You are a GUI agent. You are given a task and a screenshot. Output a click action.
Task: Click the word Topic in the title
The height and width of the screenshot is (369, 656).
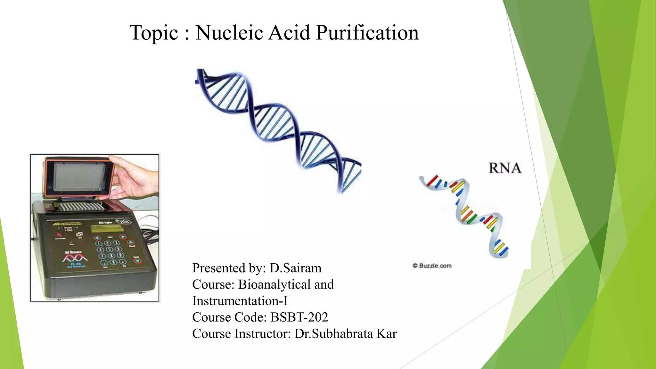point(153,33)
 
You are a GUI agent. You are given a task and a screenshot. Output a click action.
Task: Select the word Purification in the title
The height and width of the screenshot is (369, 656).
point(367,33)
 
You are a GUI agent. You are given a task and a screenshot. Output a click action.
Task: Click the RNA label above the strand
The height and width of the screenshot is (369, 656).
point(505,168)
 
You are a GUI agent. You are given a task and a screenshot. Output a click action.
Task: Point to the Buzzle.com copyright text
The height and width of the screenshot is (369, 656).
point(432,266)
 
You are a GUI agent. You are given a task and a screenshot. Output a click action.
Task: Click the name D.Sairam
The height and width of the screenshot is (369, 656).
point(295,268)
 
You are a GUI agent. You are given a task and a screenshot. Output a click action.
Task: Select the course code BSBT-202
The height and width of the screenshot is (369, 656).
point(299,317)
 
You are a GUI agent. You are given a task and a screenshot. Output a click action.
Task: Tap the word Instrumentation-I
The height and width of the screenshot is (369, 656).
point(240,301)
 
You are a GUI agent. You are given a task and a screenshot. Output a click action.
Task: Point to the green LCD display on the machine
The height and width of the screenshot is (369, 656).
point(107,228)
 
